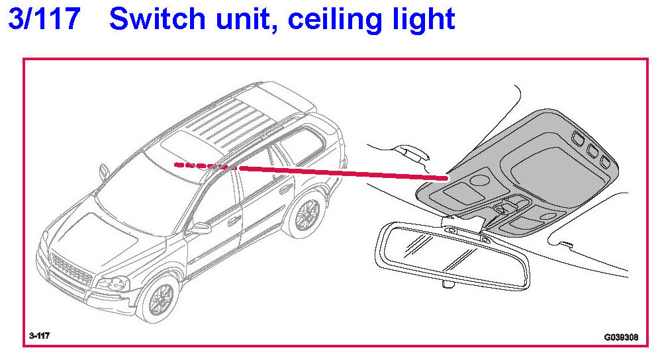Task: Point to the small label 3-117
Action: pos(39,336)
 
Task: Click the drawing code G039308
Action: pos(620,336)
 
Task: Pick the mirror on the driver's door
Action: pos(199,228)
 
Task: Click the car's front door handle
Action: pos(234,220)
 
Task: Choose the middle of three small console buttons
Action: pos(591,150)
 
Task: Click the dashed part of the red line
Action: pos(202,165)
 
